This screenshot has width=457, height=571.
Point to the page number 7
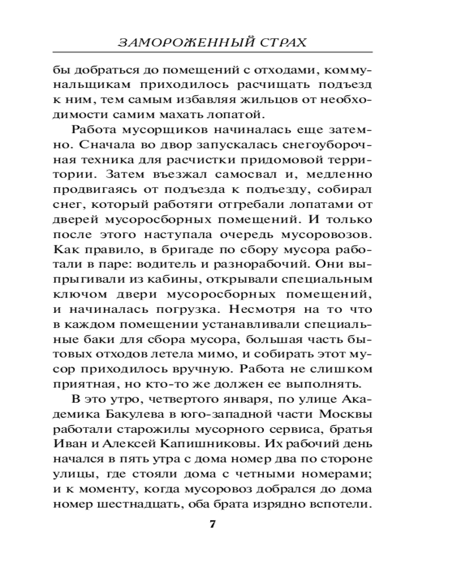pyautogui.click(x=213, y=525)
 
